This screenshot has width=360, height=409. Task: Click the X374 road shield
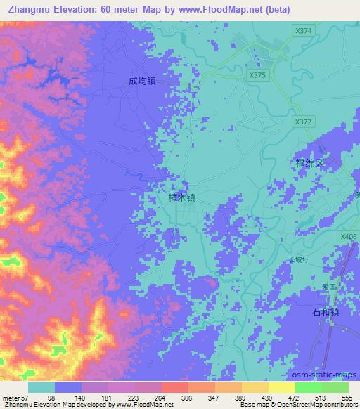(304, 31)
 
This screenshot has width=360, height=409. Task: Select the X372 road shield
(303, 122)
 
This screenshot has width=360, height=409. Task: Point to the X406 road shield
(347, 237)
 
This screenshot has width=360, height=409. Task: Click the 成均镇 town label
(141, 81)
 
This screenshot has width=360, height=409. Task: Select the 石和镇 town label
(326, 311)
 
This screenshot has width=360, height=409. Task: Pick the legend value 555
(347, 397)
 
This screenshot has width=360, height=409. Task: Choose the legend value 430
(268, 397)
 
